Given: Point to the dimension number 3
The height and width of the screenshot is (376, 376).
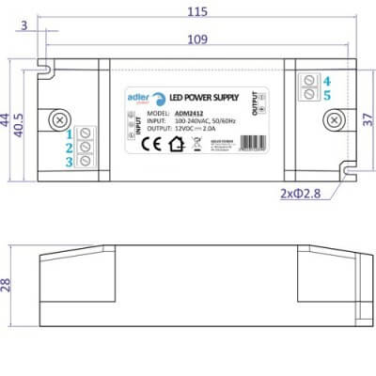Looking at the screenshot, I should (x=23, y=25).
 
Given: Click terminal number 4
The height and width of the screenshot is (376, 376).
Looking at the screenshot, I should (x=326, y=80).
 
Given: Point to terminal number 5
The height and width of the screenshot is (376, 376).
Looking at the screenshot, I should (x=326, y=95).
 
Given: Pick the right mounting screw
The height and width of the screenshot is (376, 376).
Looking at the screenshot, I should (x=334, y=120).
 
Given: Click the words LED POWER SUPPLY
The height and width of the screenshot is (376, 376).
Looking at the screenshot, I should (x=208, y=97).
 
